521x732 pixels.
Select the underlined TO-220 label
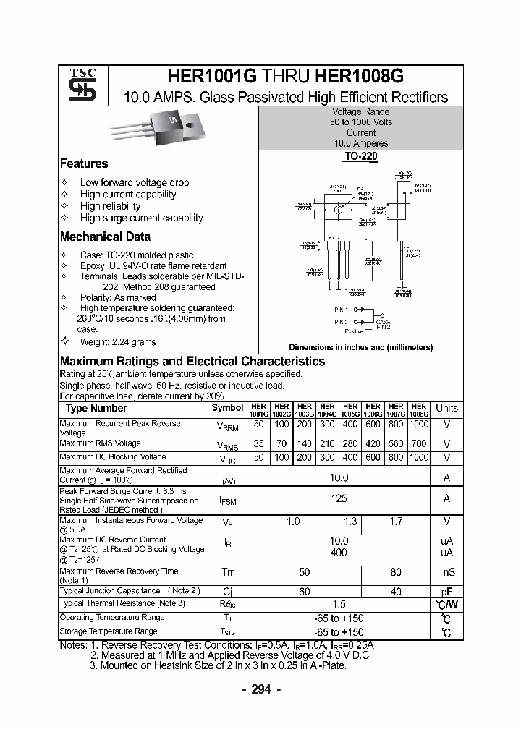[x=360, y=156]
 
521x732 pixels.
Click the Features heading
[x=84, y=163]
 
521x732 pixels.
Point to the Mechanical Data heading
[x=105, y=237]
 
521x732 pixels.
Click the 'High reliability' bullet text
[x=110, y=206]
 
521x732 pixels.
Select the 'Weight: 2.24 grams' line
[x=117, y=341]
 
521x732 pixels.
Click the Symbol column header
[x=227, y=408]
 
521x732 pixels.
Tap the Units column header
[x=446, y=408]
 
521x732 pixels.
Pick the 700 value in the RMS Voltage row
[x=418, y=443]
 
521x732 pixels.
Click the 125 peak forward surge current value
[x=338, y=498]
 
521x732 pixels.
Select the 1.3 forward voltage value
[x=350, y=522]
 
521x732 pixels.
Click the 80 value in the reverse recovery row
[x=395, y=572]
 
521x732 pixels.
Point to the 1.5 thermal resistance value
[x=338, y=604]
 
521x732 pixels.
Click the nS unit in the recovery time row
[x=446, y=572]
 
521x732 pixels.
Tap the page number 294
[x=260, y=689]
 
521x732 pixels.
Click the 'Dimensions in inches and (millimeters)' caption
[x=360, y=347]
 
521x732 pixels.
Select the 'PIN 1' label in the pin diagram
[x=341, y=310]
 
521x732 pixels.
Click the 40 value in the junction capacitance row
[x=395, y=591]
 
